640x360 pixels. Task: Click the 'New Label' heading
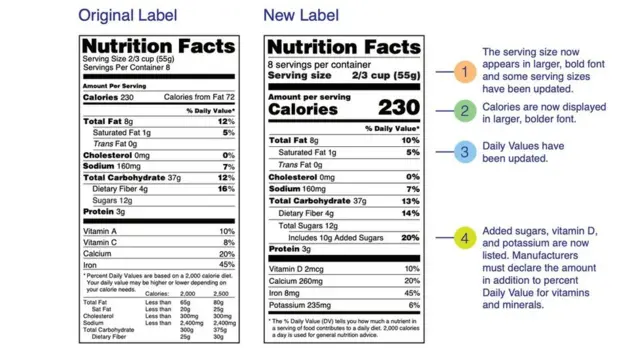click(x=303, y=16)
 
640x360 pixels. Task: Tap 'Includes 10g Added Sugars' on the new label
click(x=337, y=238)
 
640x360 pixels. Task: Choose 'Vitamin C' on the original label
click(x=103, y=242)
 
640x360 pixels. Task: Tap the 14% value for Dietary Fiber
click(x=411, y=213)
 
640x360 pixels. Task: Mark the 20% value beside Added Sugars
click(x=410, y=238)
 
